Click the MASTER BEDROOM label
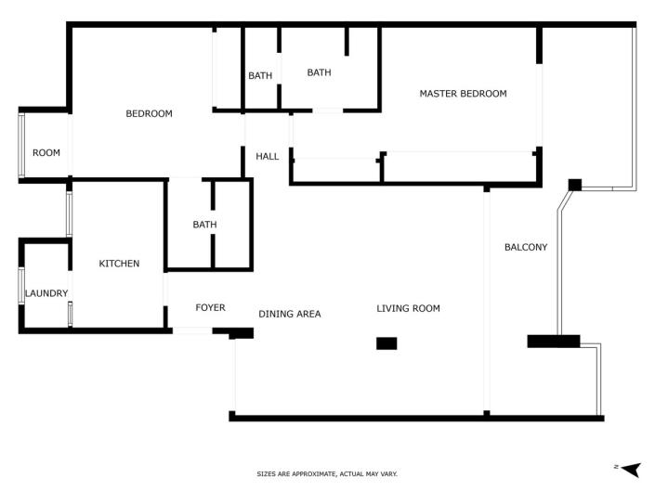(x=463, y=94)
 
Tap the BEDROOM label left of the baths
(x=150, y=114)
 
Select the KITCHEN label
(x=119, y=264)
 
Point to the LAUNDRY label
(x=46, y=294)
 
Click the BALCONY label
(x=526, y=247)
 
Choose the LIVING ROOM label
(x=408, y=308)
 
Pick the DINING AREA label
(x=290, y=314)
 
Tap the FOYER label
(x=210, y=308)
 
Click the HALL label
(x=268, y=157)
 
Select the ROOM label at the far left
(x=46, y=153)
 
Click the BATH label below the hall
(x=204, y=225)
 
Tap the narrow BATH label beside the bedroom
(x=260, y=76)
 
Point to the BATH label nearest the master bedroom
(x=319, y=72)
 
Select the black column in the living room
(x=386, y=343)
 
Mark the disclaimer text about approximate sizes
(x=327, y=473)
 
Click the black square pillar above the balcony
(x=575, y=185)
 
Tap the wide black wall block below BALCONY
(x=554, y=341)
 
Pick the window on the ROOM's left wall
(x=20, y=144)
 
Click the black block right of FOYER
(x=242, y=332)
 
